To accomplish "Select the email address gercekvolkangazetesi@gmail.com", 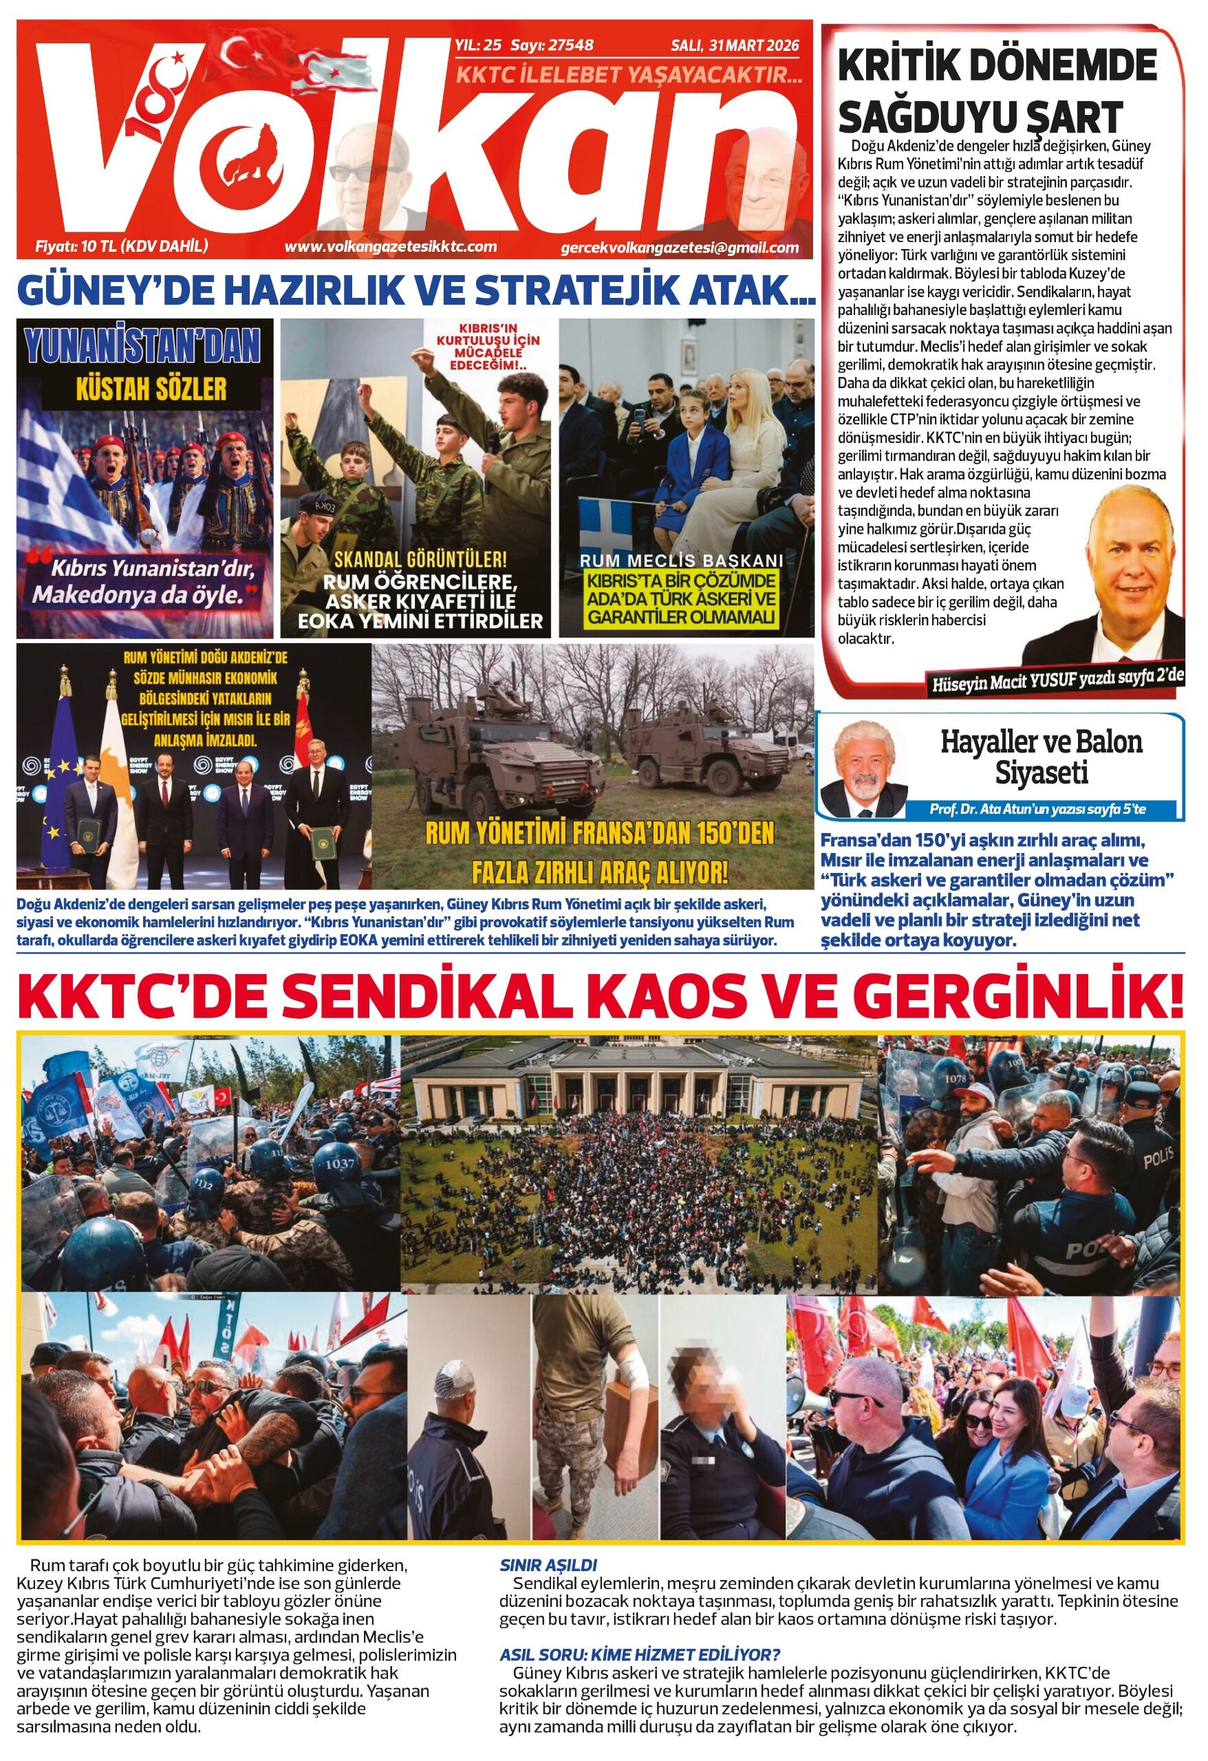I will tap(680, 248).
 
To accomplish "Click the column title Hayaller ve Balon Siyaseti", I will tap(1042, 757).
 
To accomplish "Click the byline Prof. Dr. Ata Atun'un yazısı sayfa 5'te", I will tap(1037, 809).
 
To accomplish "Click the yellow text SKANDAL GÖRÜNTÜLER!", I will tap(420, 561).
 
